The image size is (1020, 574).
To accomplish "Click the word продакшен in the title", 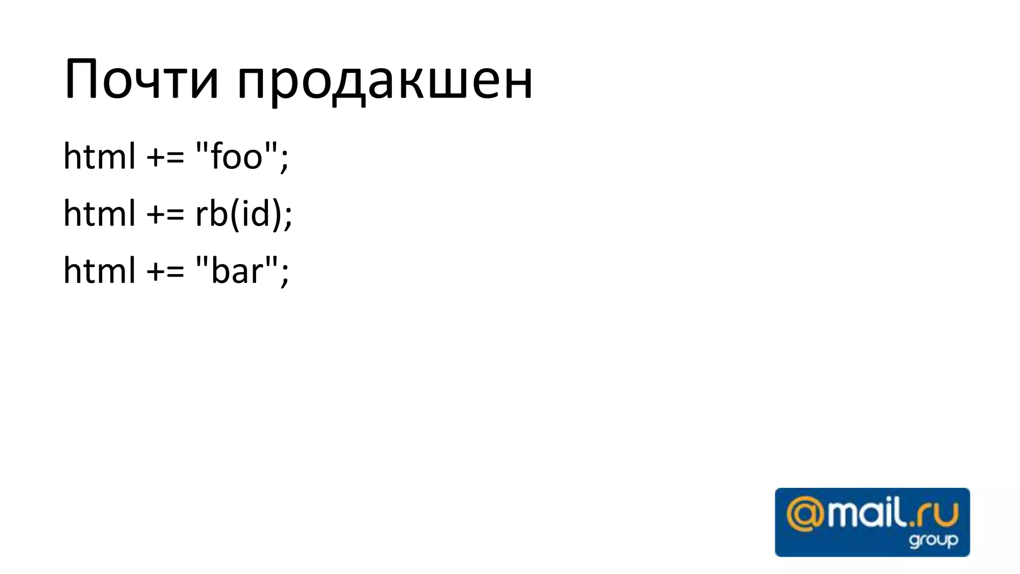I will (384, 82).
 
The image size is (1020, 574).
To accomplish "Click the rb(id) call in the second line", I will (239, 213).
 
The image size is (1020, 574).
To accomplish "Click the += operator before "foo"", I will (165, 157).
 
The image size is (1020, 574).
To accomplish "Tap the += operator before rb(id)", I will (165, 215).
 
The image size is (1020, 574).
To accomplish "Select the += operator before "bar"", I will (165, 272).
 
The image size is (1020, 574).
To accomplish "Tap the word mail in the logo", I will (865, 514).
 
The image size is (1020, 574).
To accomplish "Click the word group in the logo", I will (933, 540).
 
